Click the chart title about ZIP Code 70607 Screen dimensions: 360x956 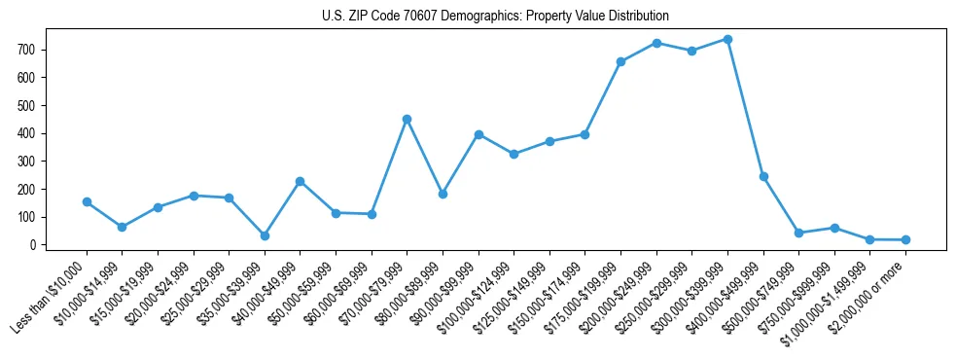click(495, 17)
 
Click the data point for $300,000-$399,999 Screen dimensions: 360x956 click(727, 40)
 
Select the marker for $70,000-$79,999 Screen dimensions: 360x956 click(407, 119)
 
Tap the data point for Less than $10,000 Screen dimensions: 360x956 click(87, 202)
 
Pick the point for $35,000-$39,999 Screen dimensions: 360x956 click(265, 235)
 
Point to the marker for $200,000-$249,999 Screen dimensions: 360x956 click(656, 43)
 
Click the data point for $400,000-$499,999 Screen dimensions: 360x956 click(763, 176)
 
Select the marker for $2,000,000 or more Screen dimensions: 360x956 click(905, 239)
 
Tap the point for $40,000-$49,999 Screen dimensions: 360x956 click(301, 181)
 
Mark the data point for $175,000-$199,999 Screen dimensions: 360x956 click(620, 61)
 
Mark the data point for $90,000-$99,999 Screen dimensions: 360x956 click(478, 134)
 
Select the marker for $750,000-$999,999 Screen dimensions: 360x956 click(834, 228)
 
